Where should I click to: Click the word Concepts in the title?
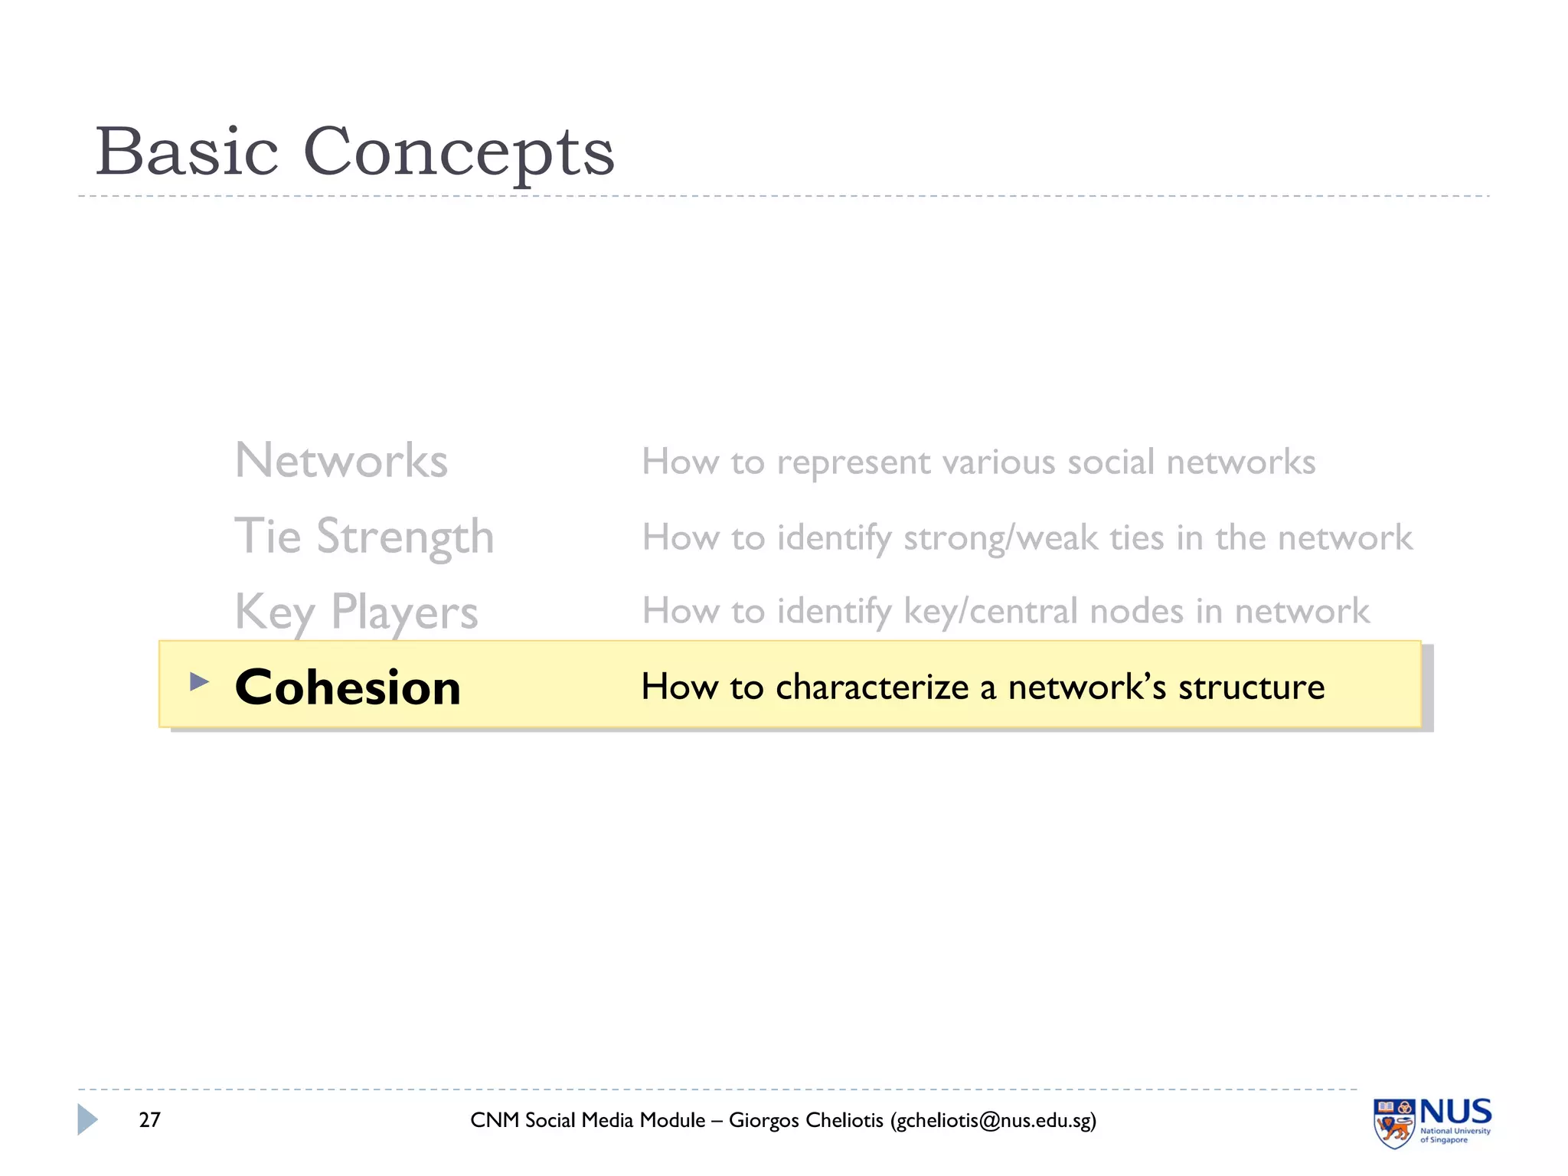(459, 152)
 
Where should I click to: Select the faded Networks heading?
(341, 461)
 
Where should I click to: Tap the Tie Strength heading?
(364, 536)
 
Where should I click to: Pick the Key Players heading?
(356, 612)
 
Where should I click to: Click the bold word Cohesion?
(348, 687)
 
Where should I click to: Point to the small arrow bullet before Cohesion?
(199, 681)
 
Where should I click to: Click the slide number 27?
(149, 1120)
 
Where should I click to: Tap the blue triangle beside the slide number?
(87, 1119)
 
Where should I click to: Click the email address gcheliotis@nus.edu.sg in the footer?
(992, 1120)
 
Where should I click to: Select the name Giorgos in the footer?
(763, 1120)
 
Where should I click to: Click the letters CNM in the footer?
(495, 1120)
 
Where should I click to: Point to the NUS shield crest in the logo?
(1394, 1123)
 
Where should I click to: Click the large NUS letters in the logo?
(1455, 1112)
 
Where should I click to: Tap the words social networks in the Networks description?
(1191, 462)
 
